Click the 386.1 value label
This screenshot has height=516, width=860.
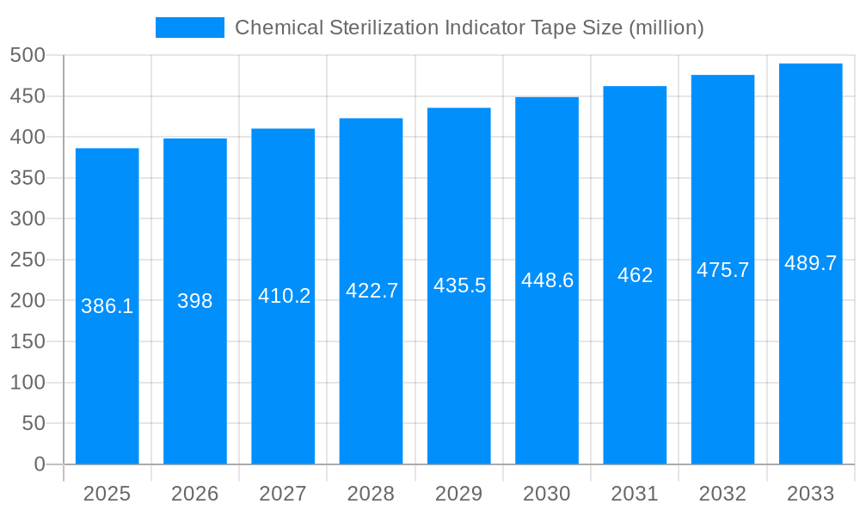(107, 306)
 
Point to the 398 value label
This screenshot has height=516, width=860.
(195, 301)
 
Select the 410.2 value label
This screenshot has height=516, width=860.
(284, 296)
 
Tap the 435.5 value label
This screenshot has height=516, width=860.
(459, 286)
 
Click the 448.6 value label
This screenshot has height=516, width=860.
(547, 280)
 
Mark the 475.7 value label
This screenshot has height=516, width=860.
(722, 270)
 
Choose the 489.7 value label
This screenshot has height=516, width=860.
(810, 264)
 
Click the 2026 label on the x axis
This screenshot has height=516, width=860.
(195, 494)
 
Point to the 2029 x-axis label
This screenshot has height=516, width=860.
(459, 494)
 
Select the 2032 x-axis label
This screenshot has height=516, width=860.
(722, 494)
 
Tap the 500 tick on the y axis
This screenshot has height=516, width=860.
(28, 56)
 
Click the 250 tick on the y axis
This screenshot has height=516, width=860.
(28, 260)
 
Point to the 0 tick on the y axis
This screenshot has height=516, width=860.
(40, 464)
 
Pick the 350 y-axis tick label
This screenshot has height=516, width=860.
(28, 178)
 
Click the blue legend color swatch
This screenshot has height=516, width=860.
(189, 28)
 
